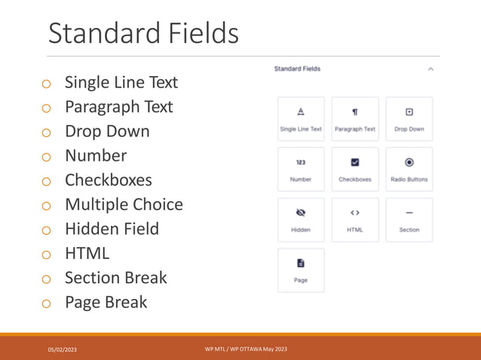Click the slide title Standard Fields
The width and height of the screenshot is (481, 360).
(x=143, y=33)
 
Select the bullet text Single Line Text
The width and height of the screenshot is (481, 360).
(x=121, y=82)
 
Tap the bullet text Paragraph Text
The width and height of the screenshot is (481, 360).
(x=118, y=107)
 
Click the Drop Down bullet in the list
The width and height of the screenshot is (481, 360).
(x=107, y=131)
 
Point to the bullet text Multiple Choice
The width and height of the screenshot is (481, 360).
(x=124, y=204)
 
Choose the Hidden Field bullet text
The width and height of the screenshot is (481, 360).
(x=112, y=229)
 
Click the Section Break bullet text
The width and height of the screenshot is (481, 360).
(x=115, y=278)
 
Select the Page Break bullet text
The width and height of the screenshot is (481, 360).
(x=106, y=302)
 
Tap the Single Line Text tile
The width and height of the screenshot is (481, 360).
(x=301, y=119)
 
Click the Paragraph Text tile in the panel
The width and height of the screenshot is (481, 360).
(x=355, y=119)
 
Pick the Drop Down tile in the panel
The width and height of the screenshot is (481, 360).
(x=409, y=119)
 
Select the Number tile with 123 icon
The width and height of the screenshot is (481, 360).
(x=301, y=169)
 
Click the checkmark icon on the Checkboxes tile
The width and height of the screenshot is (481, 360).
(x=355, y=162)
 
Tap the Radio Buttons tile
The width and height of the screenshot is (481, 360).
(x=409, y=169)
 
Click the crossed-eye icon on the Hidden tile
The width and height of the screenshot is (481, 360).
(x=301, y=212)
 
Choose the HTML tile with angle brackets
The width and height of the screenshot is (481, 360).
(x=355, y=220)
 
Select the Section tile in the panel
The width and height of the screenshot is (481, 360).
(x=409, y=220)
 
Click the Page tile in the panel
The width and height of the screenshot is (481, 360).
(x=301, y=270)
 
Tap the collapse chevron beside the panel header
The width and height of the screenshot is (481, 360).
(x=430, y=69)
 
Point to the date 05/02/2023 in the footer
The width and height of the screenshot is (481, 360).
(x=63, y=350)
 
